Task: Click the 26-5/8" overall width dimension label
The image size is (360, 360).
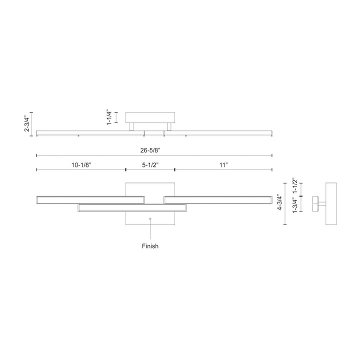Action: (150, 150)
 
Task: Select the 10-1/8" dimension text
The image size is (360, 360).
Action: (81, 165)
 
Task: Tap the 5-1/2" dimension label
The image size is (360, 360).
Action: (150, 165)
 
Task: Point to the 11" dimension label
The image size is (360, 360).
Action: (223, 165)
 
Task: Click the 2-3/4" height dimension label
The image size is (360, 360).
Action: (27, 124)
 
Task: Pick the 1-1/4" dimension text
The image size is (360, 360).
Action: (109, 118)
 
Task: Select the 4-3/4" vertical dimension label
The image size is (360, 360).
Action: (279, 202)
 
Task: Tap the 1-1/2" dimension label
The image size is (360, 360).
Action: (295, 185)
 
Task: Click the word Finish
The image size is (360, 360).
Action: (150, 246)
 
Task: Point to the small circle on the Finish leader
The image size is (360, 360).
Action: (150, 219)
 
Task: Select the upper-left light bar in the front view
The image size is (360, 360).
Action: (90, 200)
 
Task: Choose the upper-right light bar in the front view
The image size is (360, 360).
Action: (218, 200)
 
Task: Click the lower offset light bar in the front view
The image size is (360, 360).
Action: (132, 207)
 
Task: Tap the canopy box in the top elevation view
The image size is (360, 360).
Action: (150, 117)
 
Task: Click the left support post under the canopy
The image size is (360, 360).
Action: (131, 126)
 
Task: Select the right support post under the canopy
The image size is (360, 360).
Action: (169, 126)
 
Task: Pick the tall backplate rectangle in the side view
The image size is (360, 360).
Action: (331, 203)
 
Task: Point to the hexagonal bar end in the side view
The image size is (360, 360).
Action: (315, 203)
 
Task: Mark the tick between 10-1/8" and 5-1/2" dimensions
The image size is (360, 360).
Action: (126, 169)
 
